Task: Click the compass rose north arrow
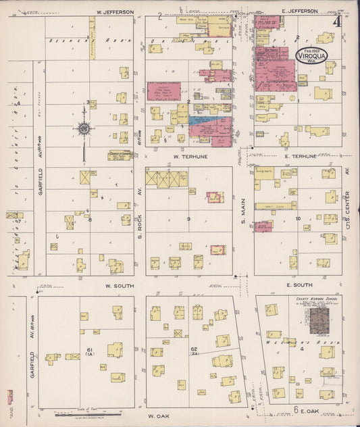(84, 128)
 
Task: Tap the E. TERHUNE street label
(299, 156)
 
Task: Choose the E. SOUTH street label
(297, 285)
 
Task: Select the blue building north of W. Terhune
(204, 120)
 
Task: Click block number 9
(189, 220)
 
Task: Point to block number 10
(298, 220)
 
